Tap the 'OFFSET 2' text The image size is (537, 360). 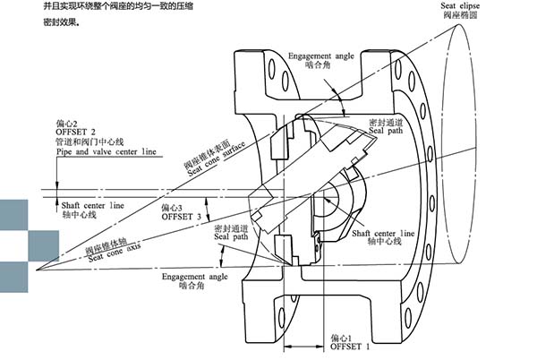point(76,132)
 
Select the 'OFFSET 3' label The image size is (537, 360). point(179,216)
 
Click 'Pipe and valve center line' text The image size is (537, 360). point(106,152)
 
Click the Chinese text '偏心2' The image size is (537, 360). point(68,122)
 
